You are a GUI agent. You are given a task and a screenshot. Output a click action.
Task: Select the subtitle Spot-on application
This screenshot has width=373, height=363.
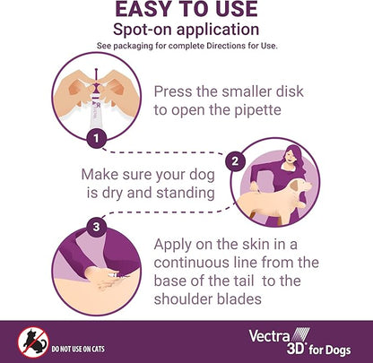click(x=186, y=31)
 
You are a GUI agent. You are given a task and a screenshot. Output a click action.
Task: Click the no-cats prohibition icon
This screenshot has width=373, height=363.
click(x=32, y=340)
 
